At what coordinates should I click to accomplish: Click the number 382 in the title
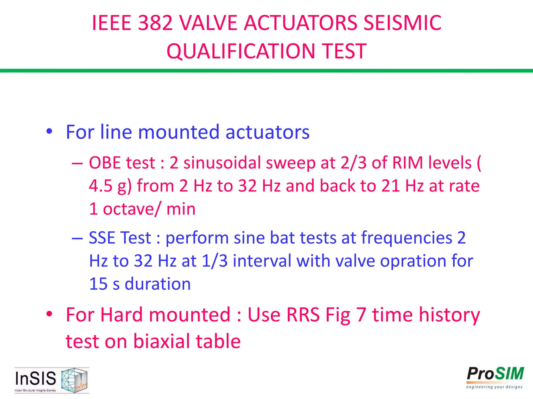coord(155,23)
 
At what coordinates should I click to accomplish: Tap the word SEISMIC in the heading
coord(402,23)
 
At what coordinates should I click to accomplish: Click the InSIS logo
coord(52,380)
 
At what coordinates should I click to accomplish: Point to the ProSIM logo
coord(495,377)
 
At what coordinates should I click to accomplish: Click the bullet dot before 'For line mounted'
coord(49,131)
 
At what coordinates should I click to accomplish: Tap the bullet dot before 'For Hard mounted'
coord(49,314)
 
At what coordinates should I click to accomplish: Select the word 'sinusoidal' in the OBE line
coord(222,163)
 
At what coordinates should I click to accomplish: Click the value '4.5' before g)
coord(100,186)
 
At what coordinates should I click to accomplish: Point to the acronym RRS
coord(303,315)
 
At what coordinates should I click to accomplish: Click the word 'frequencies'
coord(407,238)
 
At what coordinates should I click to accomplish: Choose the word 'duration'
coord(158,284)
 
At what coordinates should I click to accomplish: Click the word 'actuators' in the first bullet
coord(268,132)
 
